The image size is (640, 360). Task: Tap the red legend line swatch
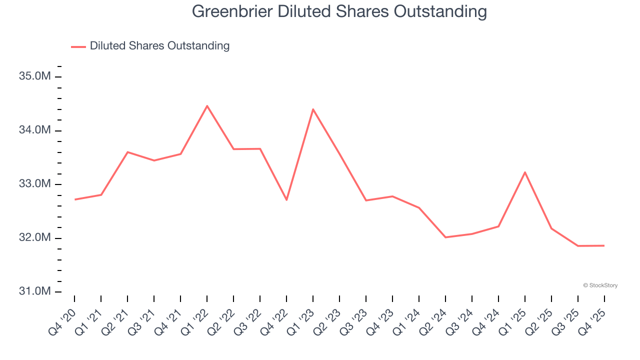click(78, 46)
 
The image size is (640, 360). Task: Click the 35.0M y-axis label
click(35, 76)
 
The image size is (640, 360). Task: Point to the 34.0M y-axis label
click(35, 130)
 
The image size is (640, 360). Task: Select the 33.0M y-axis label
click(35, 184)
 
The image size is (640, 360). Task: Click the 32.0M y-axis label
click(35, 238)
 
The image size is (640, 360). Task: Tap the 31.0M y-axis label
click(35, 291)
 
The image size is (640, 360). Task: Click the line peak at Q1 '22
click(207, 106)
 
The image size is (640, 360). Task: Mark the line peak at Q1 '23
click(313, 109)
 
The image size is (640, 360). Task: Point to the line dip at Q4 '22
click(286, 200)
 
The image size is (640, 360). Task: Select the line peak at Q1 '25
click(525, 172)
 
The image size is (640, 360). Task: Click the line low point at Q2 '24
click(445, 237)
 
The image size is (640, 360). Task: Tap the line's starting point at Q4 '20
click(75, 199)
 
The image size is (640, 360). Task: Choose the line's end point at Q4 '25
click(604, 245)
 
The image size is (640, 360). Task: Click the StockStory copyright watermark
click(600, 285)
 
